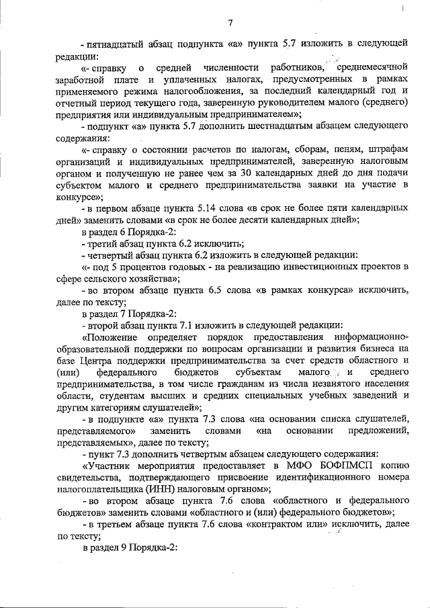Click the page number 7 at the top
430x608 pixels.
pos(230,24)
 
